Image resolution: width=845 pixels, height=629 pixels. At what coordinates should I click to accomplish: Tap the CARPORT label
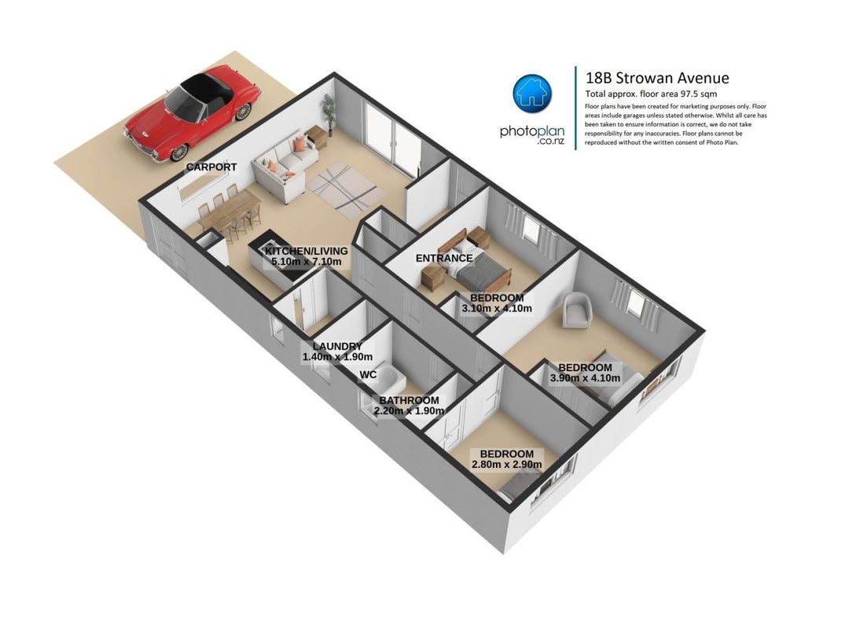[x=211, y=167]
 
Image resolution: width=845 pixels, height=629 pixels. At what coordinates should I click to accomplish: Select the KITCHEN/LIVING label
[x=306, y=251]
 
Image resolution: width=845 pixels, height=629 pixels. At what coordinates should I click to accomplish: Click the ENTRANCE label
[x=444, y=258]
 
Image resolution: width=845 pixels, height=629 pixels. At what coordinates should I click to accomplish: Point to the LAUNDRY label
[x=337, y=346]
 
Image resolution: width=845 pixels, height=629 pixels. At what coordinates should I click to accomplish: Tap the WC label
[x=368, y=374]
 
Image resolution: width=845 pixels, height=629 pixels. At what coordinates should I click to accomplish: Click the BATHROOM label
[x=409, y=400]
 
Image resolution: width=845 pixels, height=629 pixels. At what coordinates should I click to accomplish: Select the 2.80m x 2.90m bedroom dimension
[x=507, y=465]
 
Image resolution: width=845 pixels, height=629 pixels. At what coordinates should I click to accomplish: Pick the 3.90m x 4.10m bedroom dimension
[x=586, y=378]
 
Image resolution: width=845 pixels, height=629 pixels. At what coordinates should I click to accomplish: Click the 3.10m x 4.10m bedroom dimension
[x=497, y=309]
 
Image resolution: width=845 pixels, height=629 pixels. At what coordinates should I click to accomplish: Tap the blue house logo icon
[x=532, y=94]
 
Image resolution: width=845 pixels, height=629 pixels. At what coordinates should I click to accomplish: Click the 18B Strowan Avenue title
[x=657, y=78]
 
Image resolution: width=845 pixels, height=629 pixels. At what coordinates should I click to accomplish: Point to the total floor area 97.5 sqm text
[x=651, y=94]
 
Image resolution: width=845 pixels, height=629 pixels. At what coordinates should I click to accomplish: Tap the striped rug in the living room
[x=345, y=186]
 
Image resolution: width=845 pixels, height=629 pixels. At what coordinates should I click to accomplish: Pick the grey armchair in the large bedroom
[x=577, y=309]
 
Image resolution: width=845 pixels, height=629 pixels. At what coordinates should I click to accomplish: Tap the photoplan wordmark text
[x=532, y=131]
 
